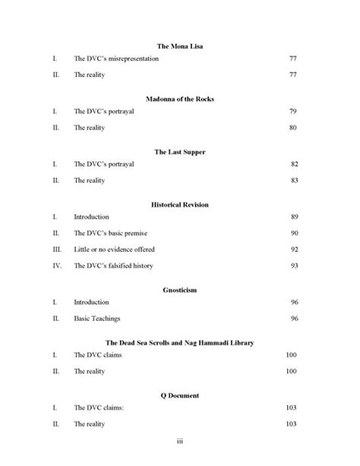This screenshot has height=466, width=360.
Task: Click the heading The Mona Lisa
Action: pyautogui.click(x=180, y=46)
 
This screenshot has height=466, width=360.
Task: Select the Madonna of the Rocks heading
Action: pyautogui.click(x=180, y=99)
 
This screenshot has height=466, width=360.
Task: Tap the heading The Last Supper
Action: pyautogui.click(x=180, y=152)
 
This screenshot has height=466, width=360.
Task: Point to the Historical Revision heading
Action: pyautogui.click(x=180, y=204)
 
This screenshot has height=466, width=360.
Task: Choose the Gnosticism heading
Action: pyautogui.click(x=180, y=290)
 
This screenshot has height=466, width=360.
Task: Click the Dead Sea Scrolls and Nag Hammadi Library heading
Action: pyautogui.click(x=180, y=343)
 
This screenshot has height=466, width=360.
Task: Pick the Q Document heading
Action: pyautogui.click(x=180, y=396)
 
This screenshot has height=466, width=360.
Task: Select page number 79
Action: pyautogui.click(x=293, y=111)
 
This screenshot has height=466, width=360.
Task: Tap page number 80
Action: pyautogui.click(x=293, y=128)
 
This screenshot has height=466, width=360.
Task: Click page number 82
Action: pyautogui.click(x=293, y=164)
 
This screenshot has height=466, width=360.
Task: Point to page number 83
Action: pyautogui.click(x=293, y=181)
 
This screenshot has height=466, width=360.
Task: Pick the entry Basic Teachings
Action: pyautogui.click(x=96, y=319)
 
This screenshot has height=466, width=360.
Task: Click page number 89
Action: pyautogui.click(x=293, y=217)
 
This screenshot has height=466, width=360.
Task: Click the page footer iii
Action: pyautogui.click(x=180, y=440)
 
